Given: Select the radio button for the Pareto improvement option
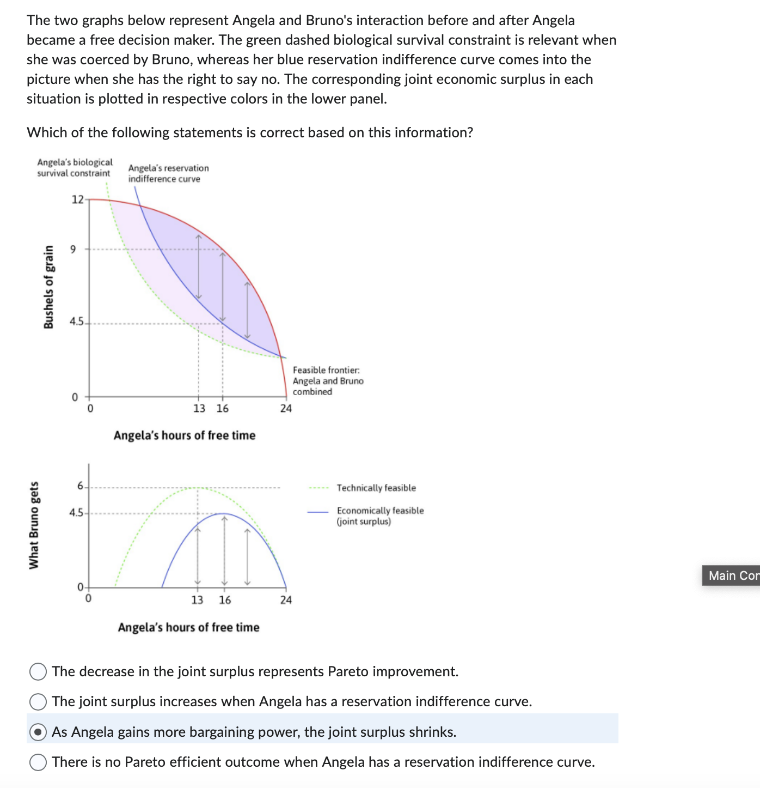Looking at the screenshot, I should tap(38, 672).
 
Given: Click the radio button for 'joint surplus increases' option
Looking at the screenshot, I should tap(38, 702).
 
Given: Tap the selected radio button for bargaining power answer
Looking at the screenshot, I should tap(38, 732).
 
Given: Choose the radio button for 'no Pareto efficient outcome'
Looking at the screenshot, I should tap(38, 762).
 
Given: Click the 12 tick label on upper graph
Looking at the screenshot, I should tap(77, 199).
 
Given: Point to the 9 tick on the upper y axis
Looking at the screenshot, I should tap(73, 250).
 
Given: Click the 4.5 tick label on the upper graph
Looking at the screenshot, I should tap(76, 322).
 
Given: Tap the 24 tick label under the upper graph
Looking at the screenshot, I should tap(286, 408).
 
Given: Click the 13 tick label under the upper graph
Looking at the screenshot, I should tap(199, 408).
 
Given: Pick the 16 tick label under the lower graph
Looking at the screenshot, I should tap(225, 600).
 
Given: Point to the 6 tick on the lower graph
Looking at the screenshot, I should tap(81, 486).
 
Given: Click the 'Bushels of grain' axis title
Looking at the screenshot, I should tap(49, 287).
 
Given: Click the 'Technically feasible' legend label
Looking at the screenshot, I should tap(376, 488).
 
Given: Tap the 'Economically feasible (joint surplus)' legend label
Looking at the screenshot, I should tap(380, 516).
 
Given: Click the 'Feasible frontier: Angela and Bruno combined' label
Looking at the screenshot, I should tap(328, 381).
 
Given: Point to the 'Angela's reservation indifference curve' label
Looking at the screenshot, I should tap(168, 173).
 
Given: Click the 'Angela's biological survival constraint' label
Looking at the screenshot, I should tap(75, 167).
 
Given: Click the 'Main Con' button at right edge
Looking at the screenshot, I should tap(731, 575).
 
